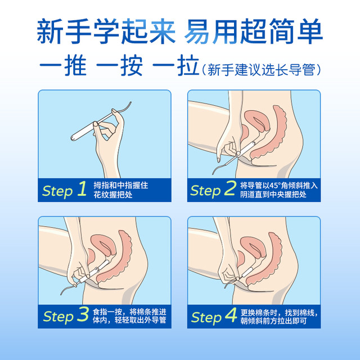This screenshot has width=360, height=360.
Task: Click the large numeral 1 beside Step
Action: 83,188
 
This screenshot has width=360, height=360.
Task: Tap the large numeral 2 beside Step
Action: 230,188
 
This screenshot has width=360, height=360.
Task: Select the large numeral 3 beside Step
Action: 83,314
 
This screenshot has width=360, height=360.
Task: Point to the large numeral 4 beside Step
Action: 231,315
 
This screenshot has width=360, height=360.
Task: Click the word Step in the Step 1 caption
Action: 57,191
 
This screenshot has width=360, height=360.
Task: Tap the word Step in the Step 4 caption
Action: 206,318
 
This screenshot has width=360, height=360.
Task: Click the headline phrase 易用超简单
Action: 254,31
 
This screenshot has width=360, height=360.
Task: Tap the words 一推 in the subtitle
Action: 63,65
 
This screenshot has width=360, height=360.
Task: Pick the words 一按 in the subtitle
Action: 119,65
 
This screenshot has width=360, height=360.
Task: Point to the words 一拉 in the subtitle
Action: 175,65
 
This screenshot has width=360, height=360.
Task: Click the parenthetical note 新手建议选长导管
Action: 261,69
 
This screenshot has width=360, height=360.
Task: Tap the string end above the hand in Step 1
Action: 131,102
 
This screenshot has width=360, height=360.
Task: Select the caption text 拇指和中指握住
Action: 121,185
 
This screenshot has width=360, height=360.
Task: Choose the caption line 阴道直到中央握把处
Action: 273,195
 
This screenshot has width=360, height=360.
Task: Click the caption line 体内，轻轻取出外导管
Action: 129,320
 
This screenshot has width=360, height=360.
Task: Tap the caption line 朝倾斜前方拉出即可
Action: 273,321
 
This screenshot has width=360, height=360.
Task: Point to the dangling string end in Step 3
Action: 61,294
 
